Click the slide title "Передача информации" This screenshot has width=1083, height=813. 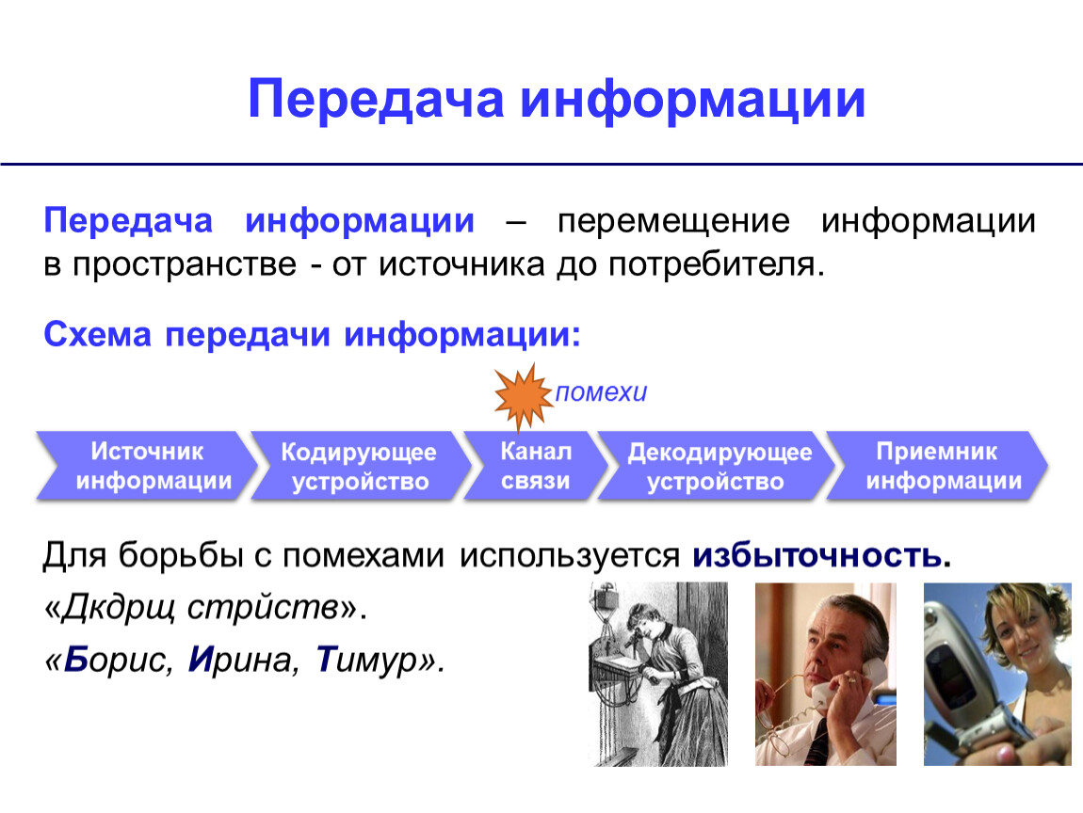pyautogui.click(x=556, y=100)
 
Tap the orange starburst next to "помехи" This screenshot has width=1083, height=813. pyautogui.click(x=523, y=396)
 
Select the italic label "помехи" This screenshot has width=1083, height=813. pyautogui.click(x=601, y=392)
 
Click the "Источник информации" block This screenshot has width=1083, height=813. pyautogui.click(x=146, y=466)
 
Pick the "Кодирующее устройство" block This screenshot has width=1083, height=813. pyautogui.click(x=359, y=466)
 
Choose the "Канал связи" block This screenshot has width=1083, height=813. pyautogui.click(x=535, y=466)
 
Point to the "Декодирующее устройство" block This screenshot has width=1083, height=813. pyautogui.click(x=717, y=466)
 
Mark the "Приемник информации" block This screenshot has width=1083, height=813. pyautogui.click(x=938, y=466)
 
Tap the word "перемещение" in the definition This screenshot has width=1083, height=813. pyautogui.click(x=673, y=221)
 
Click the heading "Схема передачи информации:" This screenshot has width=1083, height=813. pyautogui.click(x=313, y=335)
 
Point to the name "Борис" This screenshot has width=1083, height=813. pyautogui.click(x=118, y=660)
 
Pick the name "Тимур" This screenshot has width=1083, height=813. pyautogui.click(x=367, y=660)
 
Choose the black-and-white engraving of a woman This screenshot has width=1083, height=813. pyautogui.click(x=659, y=674)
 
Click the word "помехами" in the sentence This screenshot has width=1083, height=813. pyautogui.click(x=363, y=555)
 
